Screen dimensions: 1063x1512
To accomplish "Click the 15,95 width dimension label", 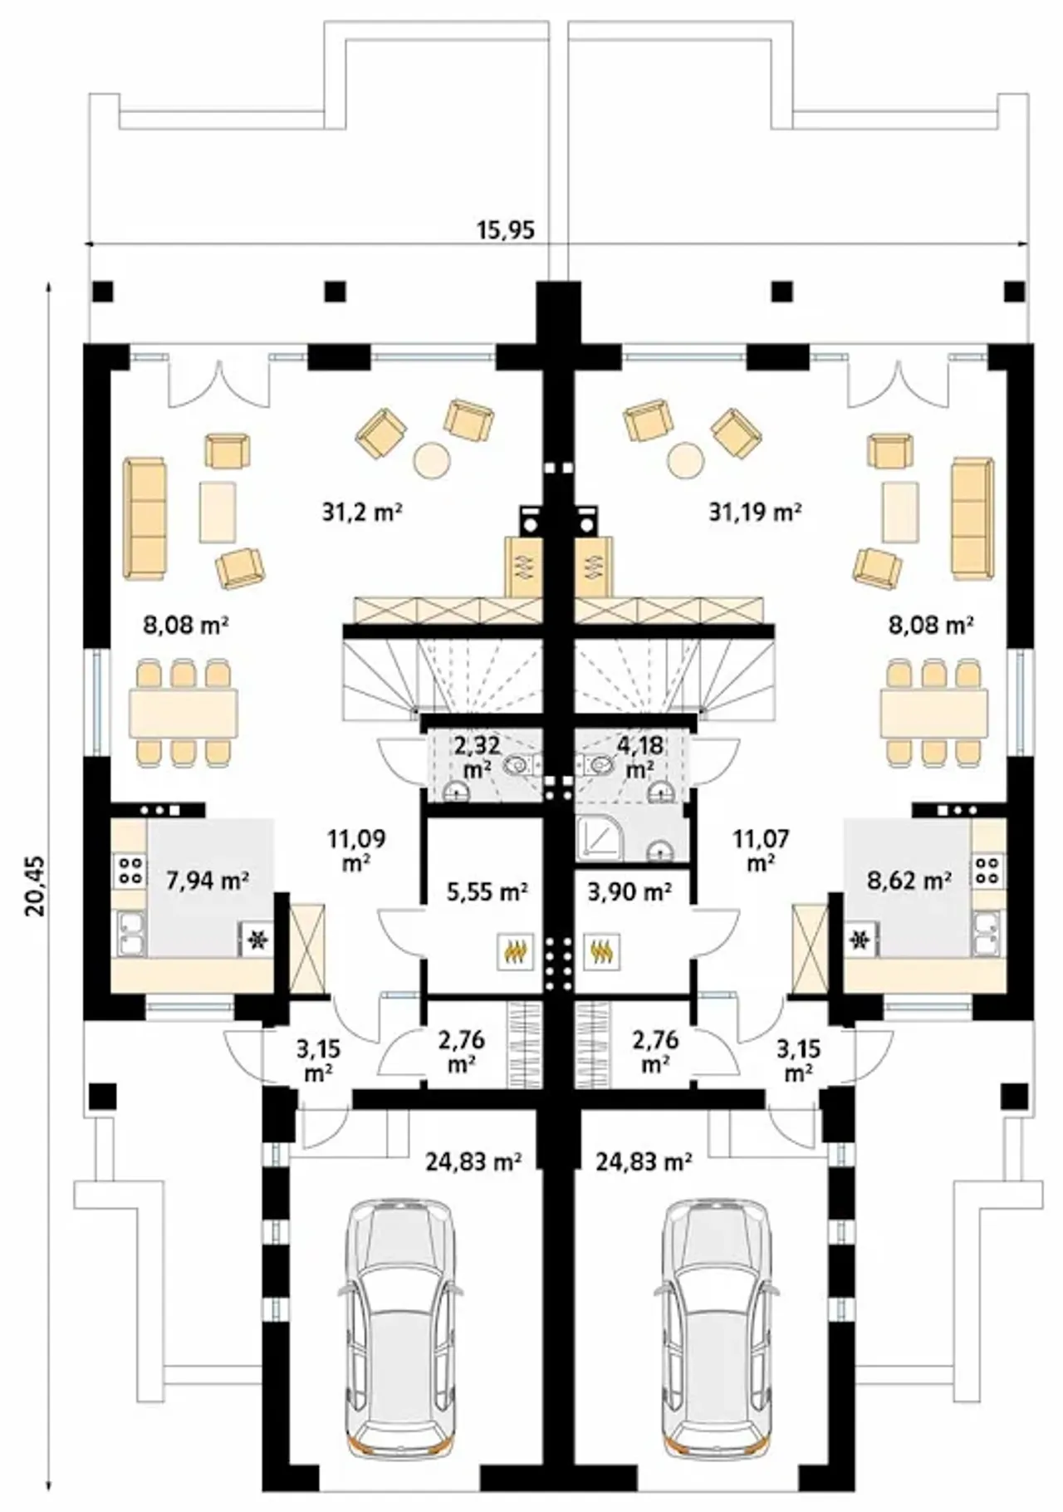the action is click(x=505, y=229).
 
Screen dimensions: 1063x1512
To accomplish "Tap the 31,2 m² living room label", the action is click(x=362, y=512).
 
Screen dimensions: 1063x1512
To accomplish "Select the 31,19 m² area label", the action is click(x=755, y=512).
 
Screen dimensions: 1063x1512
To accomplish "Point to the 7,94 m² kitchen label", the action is click(x=208, y=881).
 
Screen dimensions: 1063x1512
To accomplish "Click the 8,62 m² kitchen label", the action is click(x=909, y=881).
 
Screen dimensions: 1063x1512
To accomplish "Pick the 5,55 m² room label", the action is click(x=487, y=892).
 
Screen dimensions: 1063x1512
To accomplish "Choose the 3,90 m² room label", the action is click(x=629, y=892).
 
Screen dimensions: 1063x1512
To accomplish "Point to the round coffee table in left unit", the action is click(x=432, y=459).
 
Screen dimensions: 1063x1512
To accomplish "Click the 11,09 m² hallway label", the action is click(x=356, y=849).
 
